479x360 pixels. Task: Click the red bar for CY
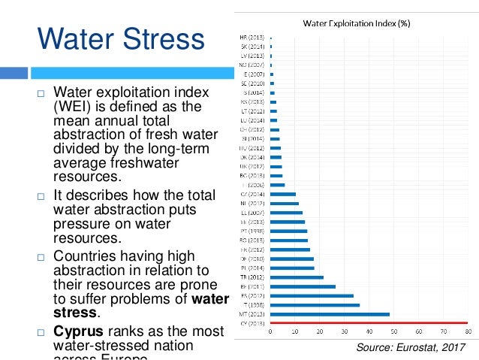click(368, 323)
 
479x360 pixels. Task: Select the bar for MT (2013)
click(330, 314)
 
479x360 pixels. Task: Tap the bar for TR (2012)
click(297, 277)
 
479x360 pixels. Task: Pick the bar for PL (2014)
click(292, 268)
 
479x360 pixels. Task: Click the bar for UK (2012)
click(276, 167)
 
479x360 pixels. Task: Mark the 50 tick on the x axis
click(393, 331)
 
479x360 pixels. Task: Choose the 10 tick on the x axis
click(294, 331)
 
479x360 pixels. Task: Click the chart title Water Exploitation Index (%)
click(356, 23)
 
